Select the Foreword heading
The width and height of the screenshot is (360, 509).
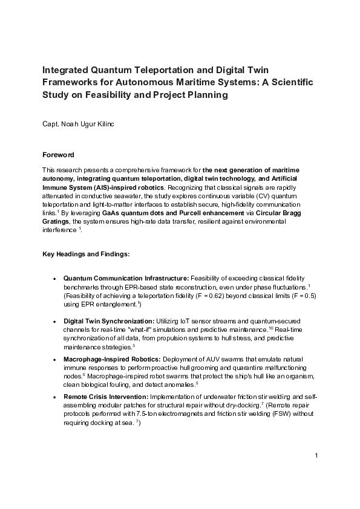coord(58,154)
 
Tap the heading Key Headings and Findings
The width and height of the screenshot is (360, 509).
coord(81,254)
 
